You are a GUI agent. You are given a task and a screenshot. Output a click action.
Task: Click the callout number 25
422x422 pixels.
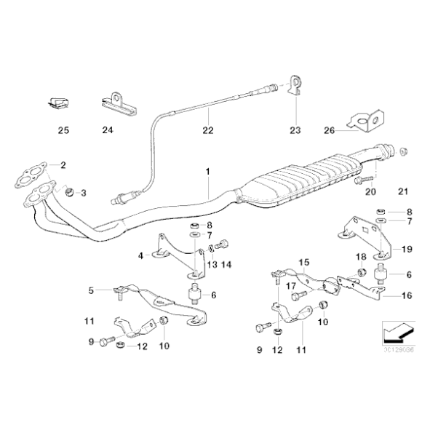(x=63, y=131)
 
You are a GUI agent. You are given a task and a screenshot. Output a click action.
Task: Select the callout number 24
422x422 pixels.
(x=108, y=131)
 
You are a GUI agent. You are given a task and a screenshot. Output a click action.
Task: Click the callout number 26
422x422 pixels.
(x=328, y=131)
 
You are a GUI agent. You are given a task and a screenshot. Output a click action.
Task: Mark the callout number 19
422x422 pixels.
(x=407, y=249)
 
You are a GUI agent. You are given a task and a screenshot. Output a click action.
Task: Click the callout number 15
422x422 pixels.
(x=304, y=262)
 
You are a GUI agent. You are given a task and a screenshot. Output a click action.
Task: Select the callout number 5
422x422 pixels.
(x=91, y=291)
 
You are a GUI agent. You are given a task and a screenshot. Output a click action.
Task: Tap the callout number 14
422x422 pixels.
(x=224, y=263)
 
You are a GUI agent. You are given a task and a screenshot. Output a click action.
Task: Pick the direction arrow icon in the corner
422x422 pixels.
(x=394, y=333)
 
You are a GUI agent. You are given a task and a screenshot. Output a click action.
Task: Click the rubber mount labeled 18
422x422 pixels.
(x=361, y=273)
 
